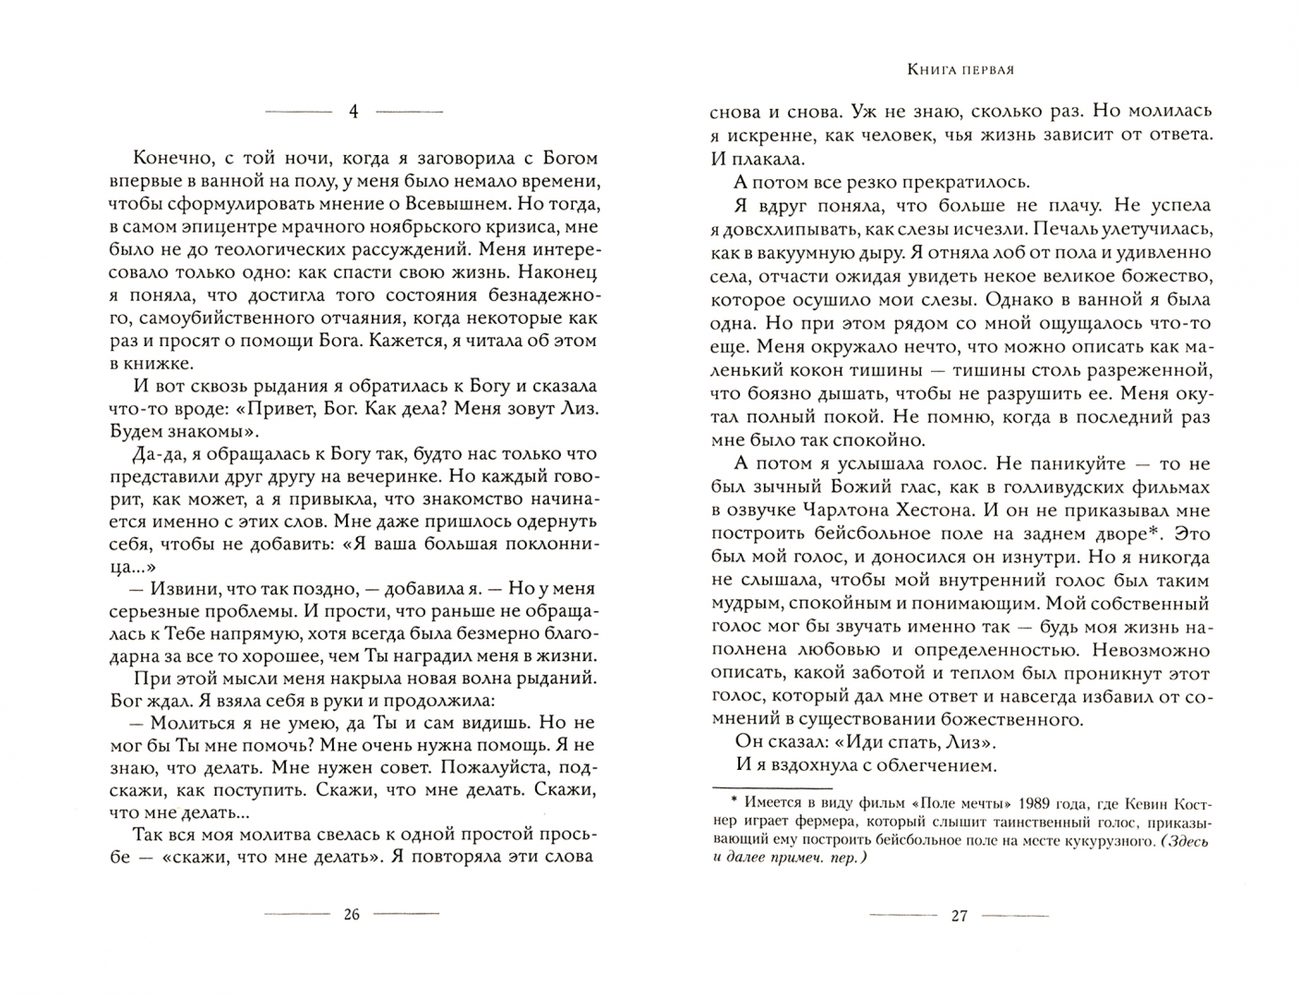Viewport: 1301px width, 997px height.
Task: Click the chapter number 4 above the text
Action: (353, 112)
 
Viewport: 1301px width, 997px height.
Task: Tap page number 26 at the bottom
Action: (351, 915)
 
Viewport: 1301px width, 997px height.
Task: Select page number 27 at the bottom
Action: (959, 916)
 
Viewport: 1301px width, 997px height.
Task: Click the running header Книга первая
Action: (961, 69)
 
